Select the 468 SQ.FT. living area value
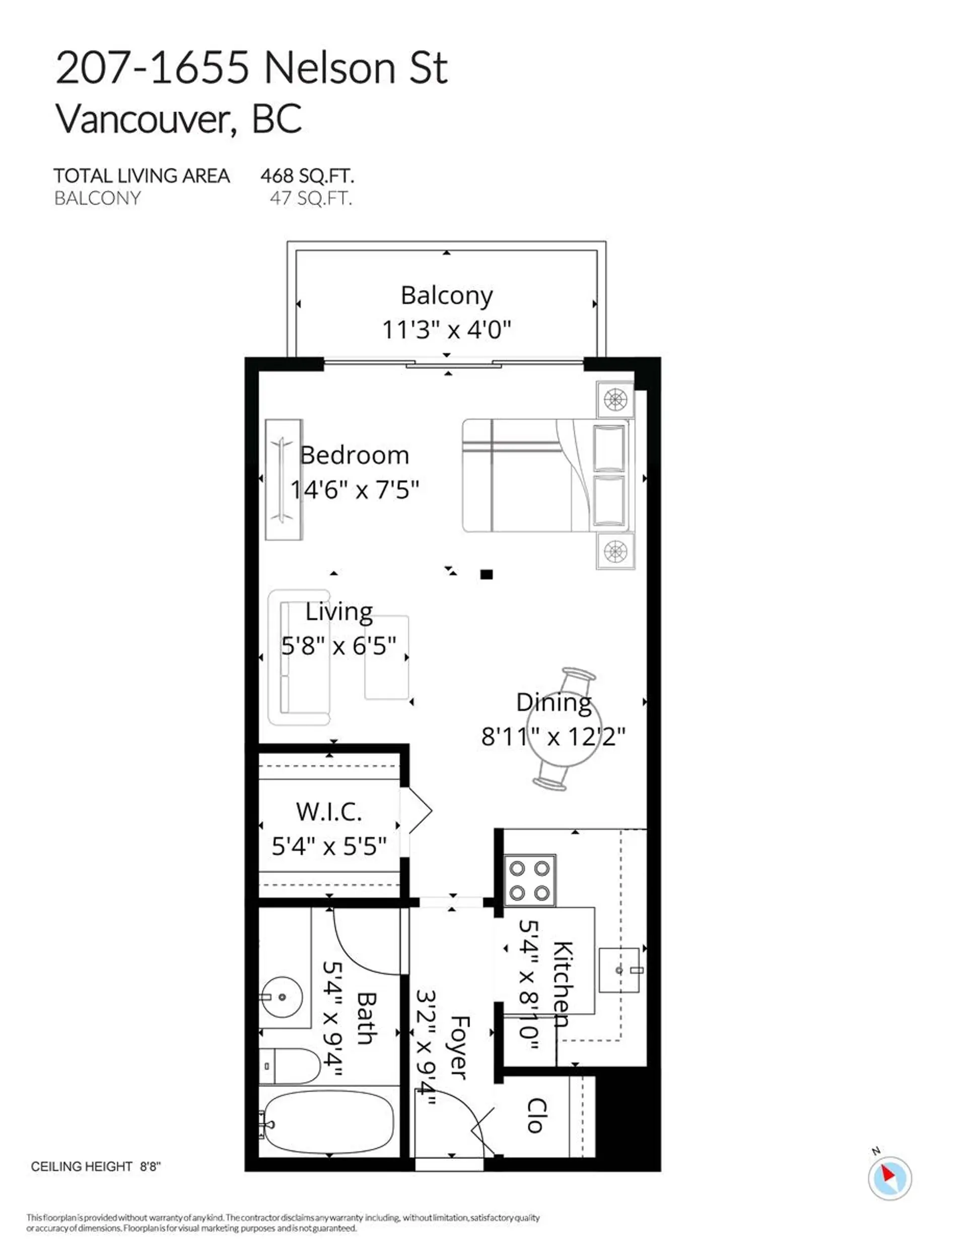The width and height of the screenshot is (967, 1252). [307, 175]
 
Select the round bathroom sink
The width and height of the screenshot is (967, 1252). [282, 997]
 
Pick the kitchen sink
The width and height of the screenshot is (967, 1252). [618, 970]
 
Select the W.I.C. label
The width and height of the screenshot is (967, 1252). [328, 812]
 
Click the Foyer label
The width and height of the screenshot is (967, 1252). [460, 1047]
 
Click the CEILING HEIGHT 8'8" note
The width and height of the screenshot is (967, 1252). [96, 1166]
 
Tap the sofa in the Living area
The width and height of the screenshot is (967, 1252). [298, 657]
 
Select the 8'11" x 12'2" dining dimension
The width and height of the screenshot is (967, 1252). [552, 737]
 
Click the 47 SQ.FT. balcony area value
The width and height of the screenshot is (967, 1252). [311, 199]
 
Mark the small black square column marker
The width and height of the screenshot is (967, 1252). [486, 574]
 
